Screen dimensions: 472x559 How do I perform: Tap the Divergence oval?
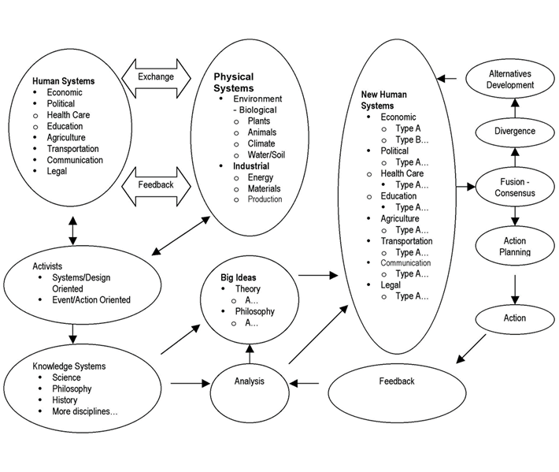514,131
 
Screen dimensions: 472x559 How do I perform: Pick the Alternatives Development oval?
510,79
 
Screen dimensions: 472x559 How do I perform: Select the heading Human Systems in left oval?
63,80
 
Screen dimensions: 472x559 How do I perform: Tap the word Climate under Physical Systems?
262,144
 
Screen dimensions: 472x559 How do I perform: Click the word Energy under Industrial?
261,177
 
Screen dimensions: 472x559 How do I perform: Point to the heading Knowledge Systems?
69,366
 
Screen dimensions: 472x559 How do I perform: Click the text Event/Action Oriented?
91,299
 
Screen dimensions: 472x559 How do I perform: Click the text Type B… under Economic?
412,139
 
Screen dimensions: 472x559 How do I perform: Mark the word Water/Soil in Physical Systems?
267,155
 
